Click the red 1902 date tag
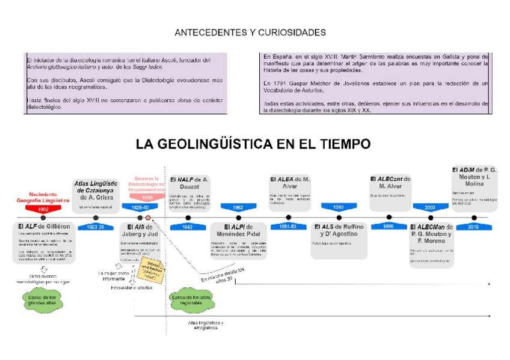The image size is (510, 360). pyautogui.click(x=43, y=208)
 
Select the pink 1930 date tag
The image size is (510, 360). pyautogui.click(x=147, y=197)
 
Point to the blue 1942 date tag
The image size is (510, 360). pyautogui.click(x=188, y=227)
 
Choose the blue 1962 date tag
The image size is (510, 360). pyautogui.click(x=239, y=207)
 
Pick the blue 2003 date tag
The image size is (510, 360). pyautogui.click(x=429, y=207)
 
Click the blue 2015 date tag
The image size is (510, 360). pyautogui.click(x=474, y=227)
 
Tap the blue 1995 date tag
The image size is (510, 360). pyautogui.click(x=389, y=227)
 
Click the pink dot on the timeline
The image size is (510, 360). pyautogui.click(x=147, y=217)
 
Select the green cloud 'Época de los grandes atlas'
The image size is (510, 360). pyautogui.click(x=43, y=299)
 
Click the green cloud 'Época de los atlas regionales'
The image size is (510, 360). pyautogui.click(x=191, y=300)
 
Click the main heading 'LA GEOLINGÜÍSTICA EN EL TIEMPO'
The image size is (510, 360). pyautogui.click(x=253, y=144)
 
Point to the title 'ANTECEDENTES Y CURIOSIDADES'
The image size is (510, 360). pyautogui.click(x=250, y=32)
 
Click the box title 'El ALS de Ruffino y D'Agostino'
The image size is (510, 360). pyautogui.click(x=339, y=230)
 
